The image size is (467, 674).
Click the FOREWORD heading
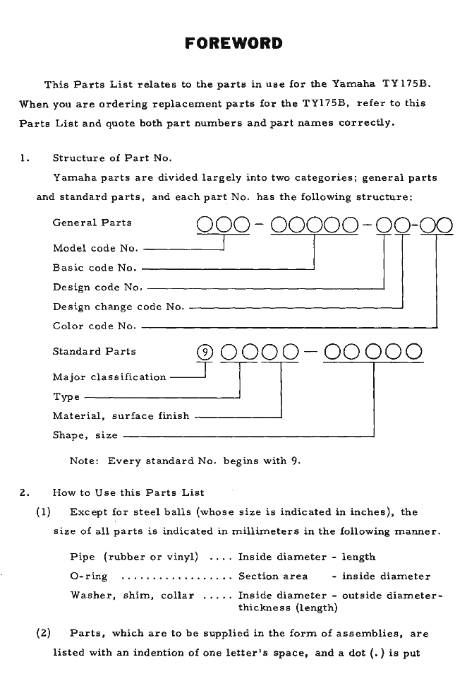click(x=233, y=44)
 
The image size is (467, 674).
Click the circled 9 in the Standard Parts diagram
click(x=204, y=351)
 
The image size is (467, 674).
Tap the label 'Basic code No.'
click(x=95, y=268)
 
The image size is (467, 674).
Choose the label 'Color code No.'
click(x=95, y=326)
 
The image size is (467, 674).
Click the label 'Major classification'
click(x=109, y=377)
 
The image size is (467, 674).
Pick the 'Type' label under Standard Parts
click(x=66, y=396)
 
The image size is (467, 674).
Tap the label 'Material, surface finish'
click(x=121, y=416)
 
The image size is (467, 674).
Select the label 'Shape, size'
click(x=85, y=435)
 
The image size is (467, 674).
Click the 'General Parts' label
click(x=92, y=223)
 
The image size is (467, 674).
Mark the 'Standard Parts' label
click(x=94, y=351)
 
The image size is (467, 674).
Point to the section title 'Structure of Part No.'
click(x=112, y=158)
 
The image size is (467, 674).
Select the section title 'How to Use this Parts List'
click(x=128, y=492)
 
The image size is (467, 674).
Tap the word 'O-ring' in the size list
click(x=88, y=577)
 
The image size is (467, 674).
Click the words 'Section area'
click(x=273, y=577)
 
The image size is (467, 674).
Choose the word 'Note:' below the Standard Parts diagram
click(x=85, y=461)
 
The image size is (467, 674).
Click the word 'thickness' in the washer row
click(x=263, y=607)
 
